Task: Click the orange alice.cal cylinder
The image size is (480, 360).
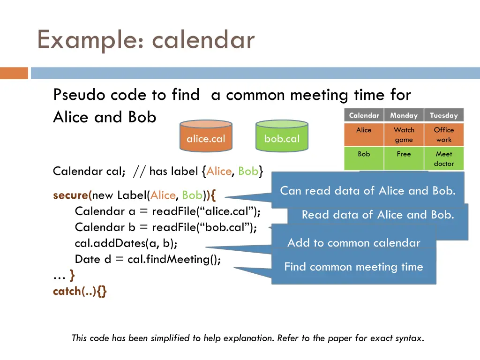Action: [206, 136]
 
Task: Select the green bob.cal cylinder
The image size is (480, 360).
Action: [282, 136]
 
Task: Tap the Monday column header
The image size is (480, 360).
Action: [404, 115]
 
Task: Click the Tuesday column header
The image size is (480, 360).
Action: [443, 115]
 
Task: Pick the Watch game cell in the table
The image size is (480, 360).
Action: [404, 135]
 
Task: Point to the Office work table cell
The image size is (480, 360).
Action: [443, 135]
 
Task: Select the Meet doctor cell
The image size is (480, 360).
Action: [443, 158]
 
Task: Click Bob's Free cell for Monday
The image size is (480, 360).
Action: [404, 154]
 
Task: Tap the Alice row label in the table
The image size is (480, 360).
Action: [364, 130]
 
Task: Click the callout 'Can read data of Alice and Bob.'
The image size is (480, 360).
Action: [367, 190]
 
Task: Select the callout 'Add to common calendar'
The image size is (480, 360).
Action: [353, 242]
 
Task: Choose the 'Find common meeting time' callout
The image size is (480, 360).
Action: [353, 267]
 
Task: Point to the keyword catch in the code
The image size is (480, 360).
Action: [67, 291]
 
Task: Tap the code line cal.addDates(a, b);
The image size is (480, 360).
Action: [126, 243]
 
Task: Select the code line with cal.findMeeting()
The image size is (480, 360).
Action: [148, 259]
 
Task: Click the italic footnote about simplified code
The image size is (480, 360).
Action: [247, 338]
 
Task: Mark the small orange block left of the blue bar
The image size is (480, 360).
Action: [14, 73]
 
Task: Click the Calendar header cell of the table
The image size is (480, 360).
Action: [364, 115]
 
